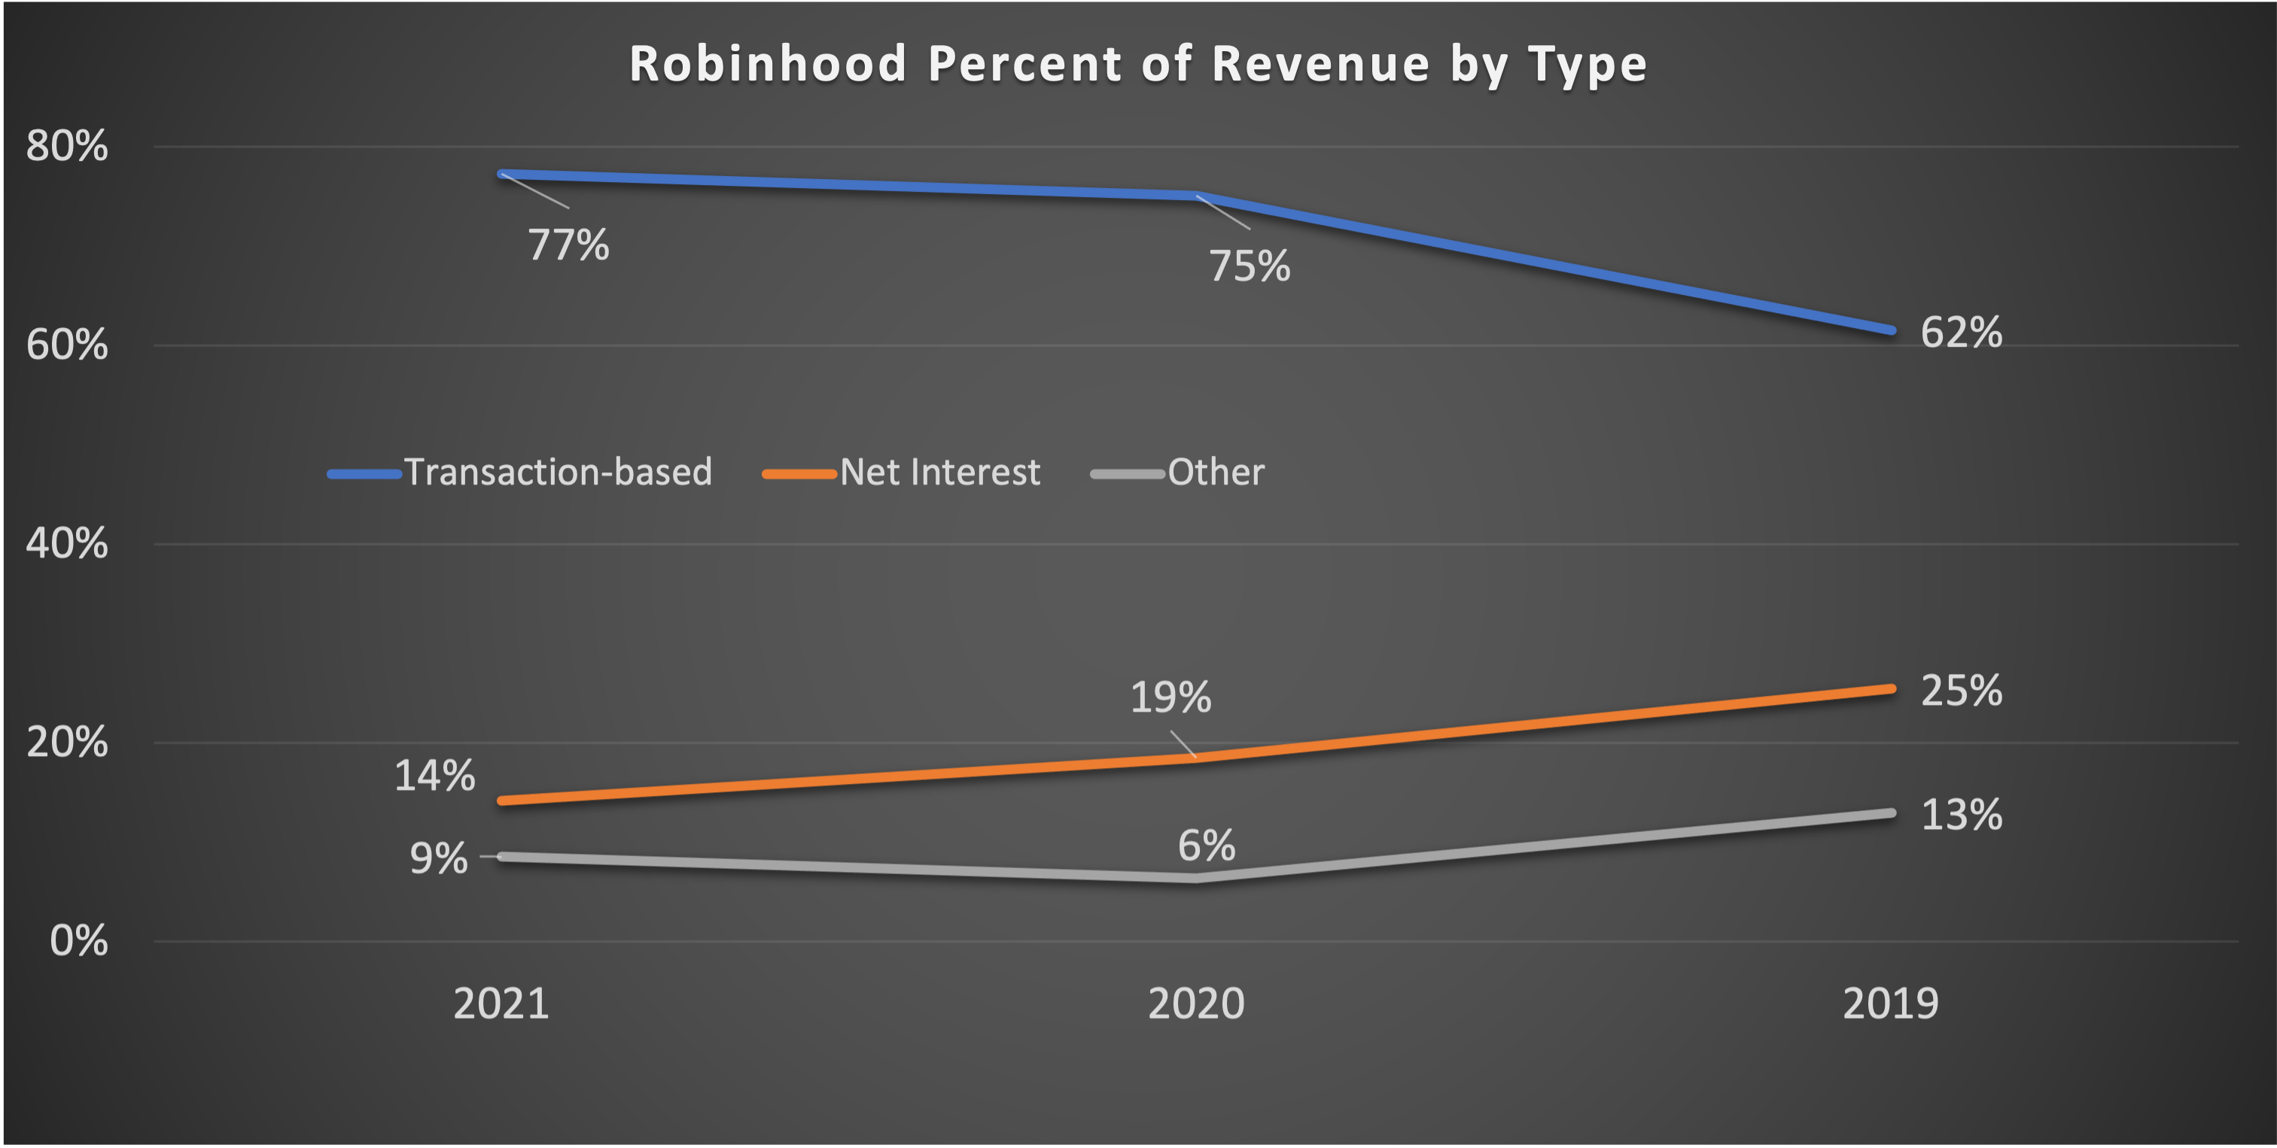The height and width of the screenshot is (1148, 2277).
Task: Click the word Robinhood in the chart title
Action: pyautogui.click(x=767, y=65)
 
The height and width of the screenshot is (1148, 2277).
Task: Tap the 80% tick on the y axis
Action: pyautogui.click(x=67, y=146)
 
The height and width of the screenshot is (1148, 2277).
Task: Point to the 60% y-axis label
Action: pyautogui.click(x=67, y=345)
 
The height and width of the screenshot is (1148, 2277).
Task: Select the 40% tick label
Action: pyautogui.click(x=67, y=542)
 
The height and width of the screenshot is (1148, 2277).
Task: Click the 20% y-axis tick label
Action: pyautogui.click(x=67, y=742)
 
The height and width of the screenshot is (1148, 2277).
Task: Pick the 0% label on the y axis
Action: pyautogui.click(x=79, y=940)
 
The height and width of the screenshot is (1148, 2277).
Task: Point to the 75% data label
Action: pyautogui.click(x=1249, y=267)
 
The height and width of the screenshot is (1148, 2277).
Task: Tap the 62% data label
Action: pyautogui.click(x=1961, y=333)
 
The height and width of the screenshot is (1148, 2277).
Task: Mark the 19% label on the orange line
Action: pyautogui.click(x=1170, y=698)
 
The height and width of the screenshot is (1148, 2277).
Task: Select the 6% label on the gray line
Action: pyautogui.click(x=1206, y=846)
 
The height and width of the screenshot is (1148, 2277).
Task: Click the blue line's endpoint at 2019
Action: pyautogui.click(x=1891, y=330)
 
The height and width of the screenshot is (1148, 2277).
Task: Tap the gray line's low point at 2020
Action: pyautogui.click(x=1196, y=879)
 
